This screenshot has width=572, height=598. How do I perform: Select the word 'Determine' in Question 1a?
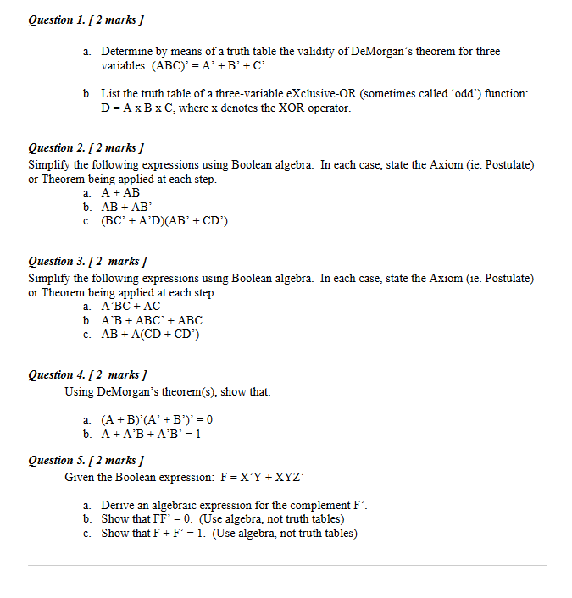point(128,52)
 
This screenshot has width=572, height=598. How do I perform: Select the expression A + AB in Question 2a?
point(120,193)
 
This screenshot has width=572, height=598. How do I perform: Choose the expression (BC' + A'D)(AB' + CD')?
point(164,221)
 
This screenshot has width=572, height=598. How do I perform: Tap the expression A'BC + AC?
point(131,306)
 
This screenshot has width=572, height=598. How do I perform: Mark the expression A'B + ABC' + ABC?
point(152,320)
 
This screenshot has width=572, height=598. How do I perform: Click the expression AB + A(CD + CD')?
point(150,334)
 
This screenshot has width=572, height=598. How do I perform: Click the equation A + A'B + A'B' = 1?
point(151,433)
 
